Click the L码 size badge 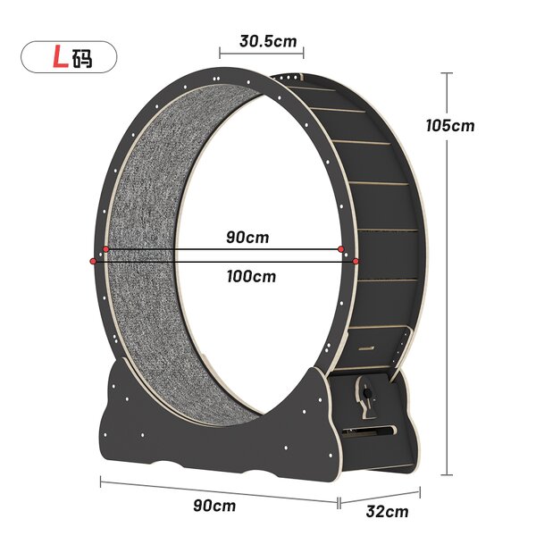point(68,58)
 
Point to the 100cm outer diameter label point(251,276)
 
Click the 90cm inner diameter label point(247,238)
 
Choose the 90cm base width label point(214,505)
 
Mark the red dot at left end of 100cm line point(93,261)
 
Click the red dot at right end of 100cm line point(356,261)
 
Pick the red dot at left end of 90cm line point(105,249)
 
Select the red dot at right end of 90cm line point(342,249)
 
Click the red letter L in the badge point(59,58)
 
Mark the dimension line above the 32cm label point(379,494)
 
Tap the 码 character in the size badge point(82,58)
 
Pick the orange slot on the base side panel point(371,431)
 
